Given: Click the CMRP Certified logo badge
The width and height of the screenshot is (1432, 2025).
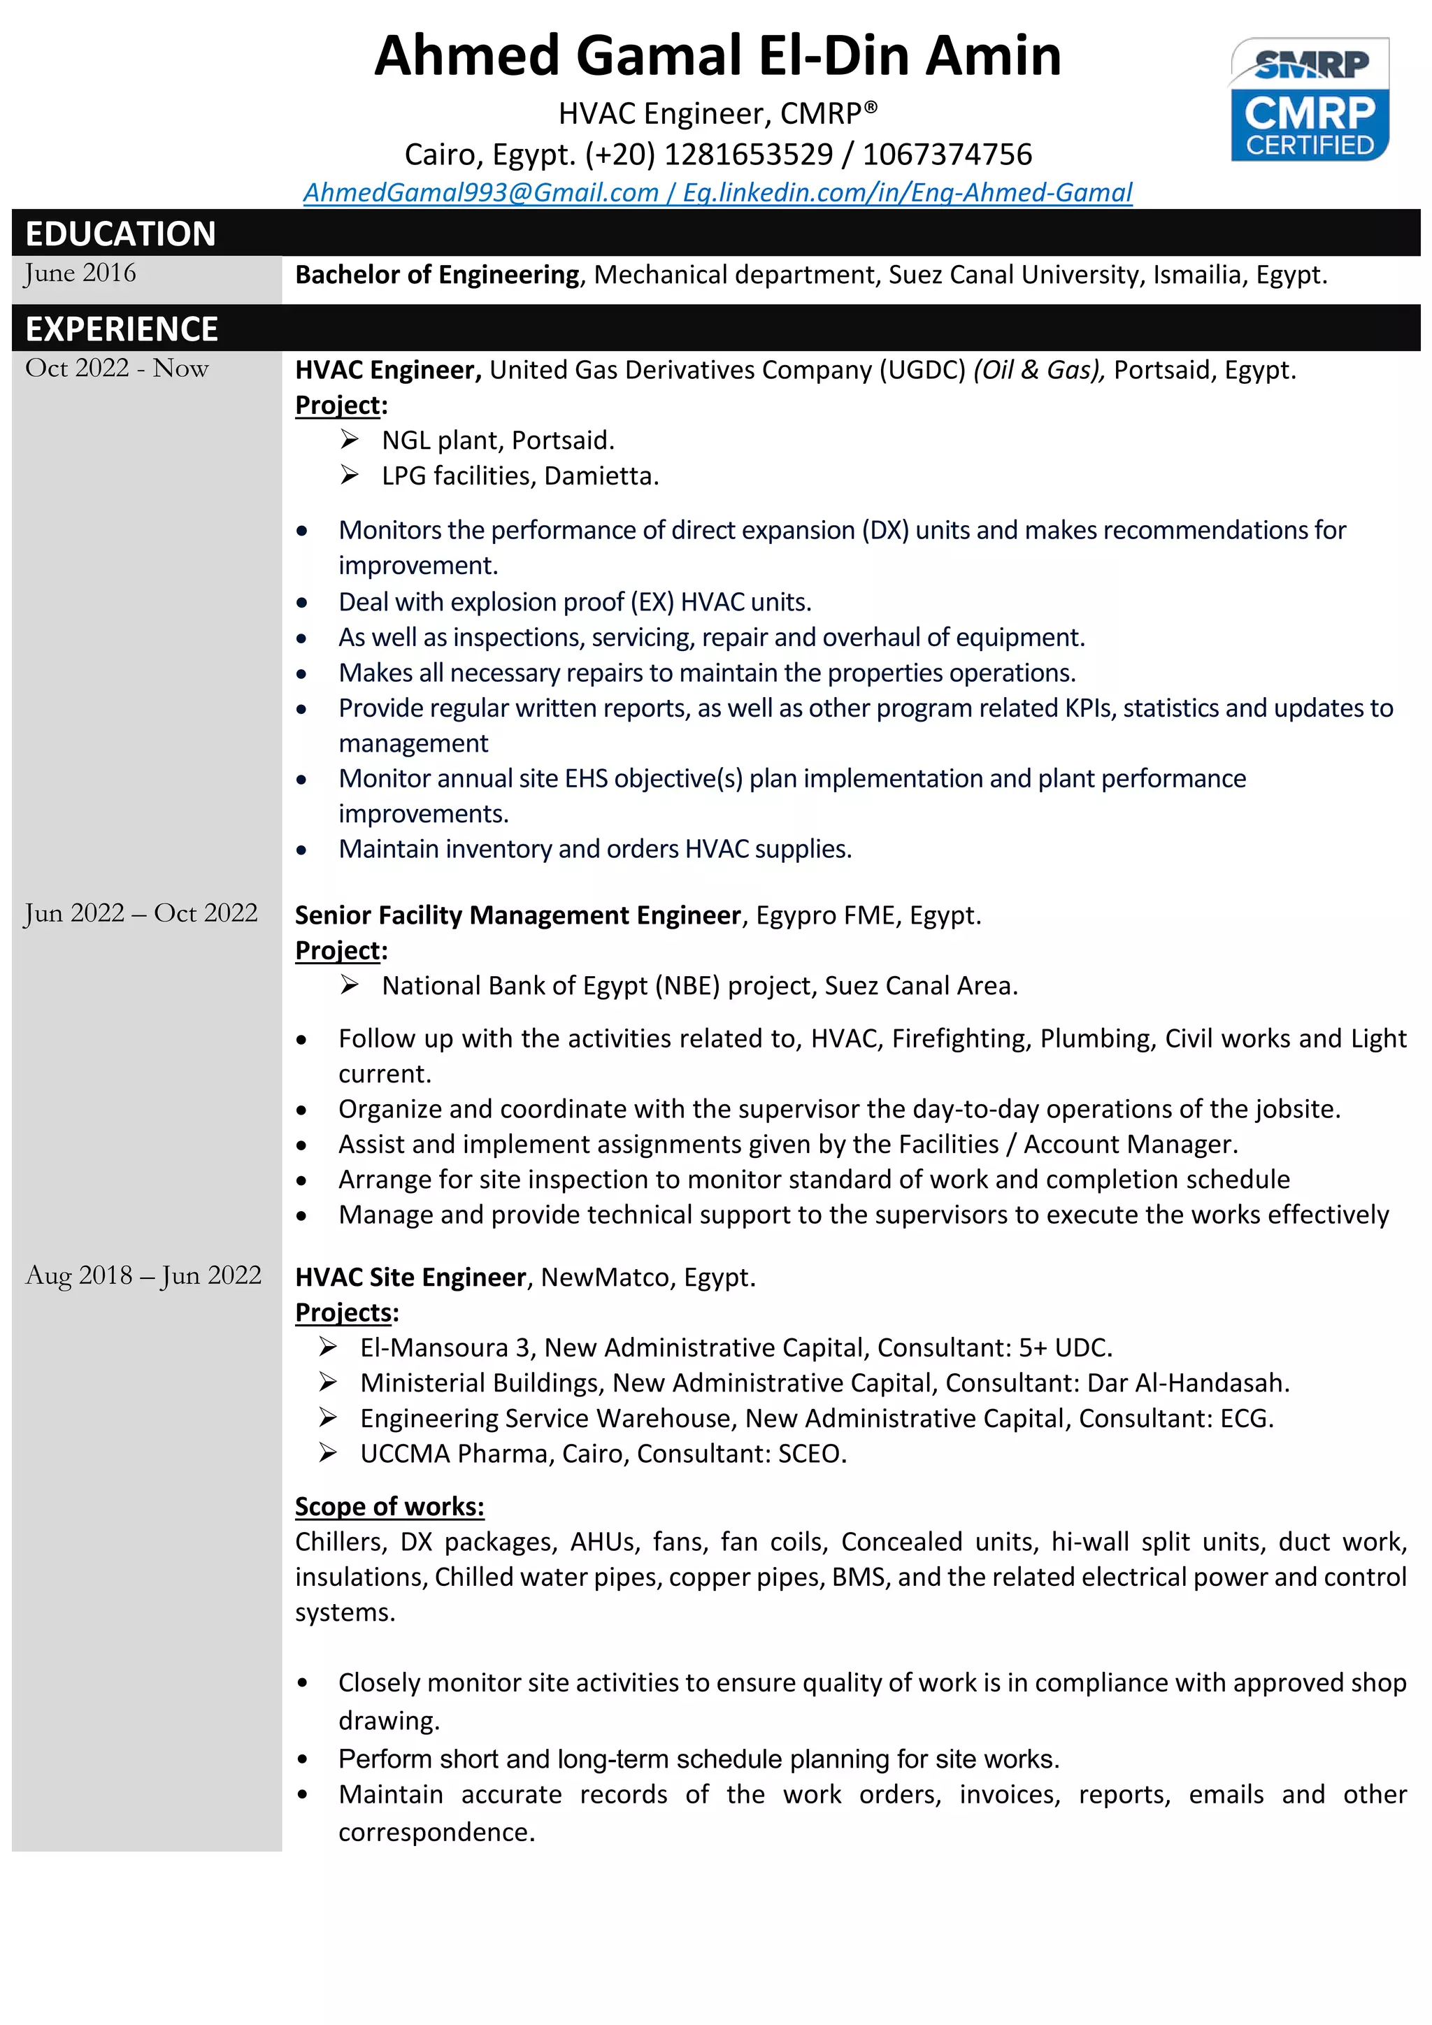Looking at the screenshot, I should [x=1310, y=100].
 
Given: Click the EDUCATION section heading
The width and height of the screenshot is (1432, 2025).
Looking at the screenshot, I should [x=121, y=234].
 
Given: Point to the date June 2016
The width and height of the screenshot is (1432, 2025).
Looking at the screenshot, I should [x=80, y=273].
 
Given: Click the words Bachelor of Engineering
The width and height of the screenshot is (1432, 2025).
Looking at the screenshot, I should [x=437, y=276].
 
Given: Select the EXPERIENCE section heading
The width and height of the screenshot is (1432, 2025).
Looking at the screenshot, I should [x=122, y=329].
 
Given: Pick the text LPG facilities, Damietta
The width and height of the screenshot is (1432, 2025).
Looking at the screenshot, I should [x=520, y=476].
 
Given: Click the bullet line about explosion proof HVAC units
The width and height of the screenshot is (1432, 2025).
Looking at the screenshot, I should [x=574, y=602].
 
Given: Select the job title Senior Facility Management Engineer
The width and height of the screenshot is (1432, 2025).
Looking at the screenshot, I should [x=517, y=915].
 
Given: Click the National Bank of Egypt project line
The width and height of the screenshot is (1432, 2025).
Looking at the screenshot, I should [x=699, y=986].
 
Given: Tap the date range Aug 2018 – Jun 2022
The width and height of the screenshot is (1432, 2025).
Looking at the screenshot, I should [x=143, y=1275].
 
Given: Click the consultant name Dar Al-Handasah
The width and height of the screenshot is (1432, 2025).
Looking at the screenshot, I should [x=1188, y=1383].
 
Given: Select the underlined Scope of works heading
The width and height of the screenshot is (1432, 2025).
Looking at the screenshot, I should [x=389, y=1506].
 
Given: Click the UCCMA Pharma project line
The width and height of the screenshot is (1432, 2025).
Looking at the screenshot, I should [x=603, y=1454].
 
